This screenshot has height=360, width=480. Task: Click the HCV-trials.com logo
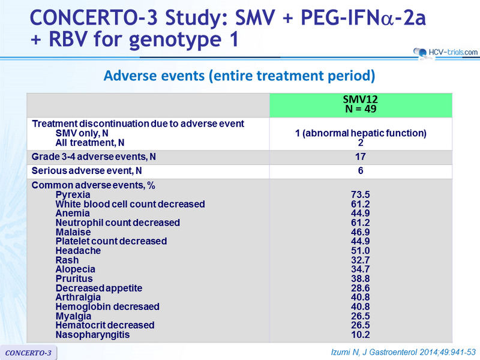click(x=445, y=53)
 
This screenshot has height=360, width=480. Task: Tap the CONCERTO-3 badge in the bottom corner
click(x=28, y=353)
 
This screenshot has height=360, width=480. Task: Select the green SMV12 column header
click(x=361, y=105)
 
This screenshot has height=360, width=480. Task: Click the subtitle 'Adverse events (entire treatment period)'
click(x=239, y=76)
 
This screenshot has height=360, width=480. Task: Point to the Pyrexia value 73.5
click(x=361, y=194)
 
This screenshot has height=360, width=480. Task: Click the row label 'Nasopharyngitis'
click(x=92, y=335)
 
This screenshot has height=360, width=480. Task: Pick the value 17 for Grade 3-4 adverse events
click(x=361, y=157)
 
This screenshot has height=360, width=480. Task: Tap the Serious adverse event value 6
click(x=361, y=170)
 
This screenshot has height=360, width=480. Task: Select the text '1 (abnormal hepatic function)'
click(x=361, y=133)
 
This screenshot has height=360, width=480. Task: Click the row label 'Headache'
click(x=78, y=251)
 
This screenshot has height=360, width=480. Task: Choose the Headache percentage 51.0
click(x=361, y=251)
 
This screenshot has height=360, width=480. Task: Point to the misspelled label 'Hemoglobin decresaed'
click(x=107, y=307)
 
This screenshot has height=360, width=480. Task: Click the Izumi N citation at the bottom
click(x=403, y=352)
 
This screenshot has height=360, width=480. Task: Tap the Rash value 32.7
click(x=361, y=260)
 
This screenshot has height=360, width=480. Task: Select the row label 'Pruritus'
click(x=74, y=278)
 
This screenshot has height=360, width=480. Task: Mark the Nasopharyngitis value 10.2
click(x=361, y=335)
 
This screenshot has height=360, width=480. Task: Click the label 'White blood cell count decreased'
click(x=130, y=204)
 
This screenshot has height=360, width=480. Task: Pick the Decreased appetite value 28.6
click(x=361, y=288)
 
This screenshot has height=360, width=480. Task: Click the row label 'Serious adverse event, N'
click(x=86, y=171)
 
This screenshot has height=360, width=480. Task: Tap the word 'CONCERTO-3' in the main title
click(x=94, y=18)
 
